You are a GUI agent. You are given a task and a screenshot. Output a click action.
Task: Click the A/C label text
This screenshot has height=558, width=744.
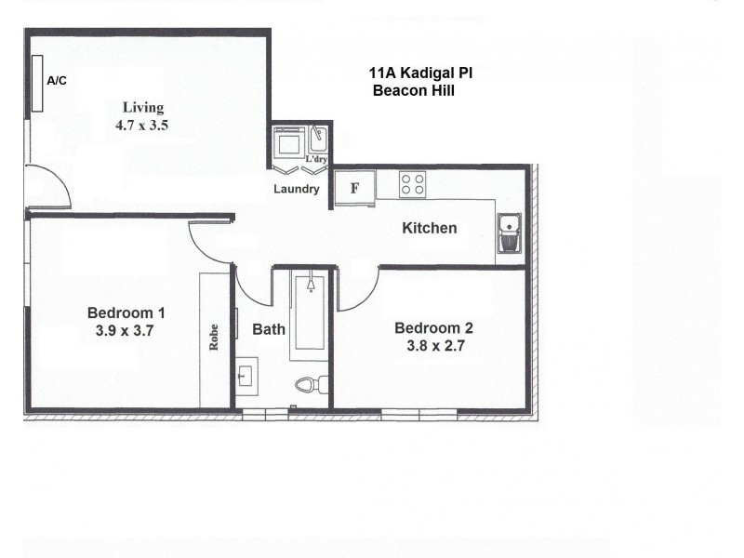point(57,81)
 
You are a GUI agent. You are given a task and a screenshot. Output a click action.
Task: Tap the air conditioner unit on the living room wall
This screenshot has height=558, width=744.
point(36,84)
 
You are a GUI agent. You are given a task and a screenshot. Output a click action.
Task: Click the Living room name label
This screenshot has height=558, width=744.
point(143,107)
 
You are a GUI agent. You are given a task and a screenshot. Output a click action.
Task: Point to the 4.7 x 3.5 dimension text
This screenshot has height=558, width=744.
point(141,124)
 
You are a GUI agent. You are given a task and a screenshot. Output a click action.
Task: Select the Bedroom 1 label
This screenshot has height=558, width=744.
point(126,312)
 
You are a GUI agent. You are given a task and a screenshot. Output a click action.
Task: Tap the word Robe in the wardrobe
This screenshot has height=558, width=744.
point(214,337)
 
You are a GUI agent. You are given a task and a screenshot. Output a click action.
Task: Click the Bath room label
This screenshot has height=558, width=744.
point(269,329)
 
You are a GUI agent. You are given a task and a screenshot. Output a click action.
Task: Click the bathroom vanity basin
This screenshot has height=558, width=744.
point(246,376)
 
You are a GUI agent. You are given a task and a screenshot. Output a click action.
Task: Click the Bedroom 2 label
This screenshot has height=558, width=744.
point(433,327)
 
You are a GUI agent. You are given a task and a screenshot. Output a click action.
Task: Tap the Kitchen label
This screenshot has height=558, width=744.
point(429,228)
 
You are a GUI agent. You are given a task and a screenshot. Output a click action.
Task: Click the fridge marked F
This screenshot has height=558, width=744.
point(354,187)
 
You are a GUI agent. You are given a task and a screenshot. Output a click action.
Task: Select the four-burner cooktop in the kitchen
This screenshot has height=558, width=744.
point(412,184)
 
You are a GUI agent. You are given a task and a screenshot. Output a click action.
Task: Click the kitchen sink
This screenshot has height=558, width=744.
point(509,233)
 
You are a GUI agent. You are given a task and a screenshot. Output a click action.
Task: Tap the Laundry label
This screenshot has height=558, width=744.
point(297,189)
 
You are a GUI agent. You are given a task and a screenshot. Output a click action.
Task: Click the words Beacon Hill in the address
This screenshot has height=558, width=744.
point(413,90)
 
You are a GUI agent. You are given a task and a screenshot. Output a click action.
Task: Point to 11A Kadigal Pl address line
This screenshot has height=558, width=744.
point(421,73)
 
